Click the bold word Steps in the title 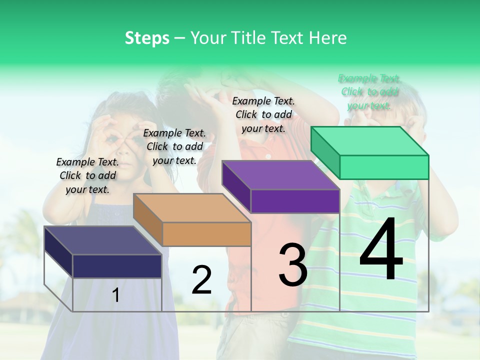(x=147, y=38)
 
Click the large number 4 (x=381, y=249)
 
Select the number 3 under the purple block (x=292, y=265)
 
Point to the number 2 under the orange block (x=201, y=279)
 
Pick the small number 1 (x=115, y=295)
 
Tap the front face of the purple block (x=295, y=201)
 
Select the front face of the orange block (x=206, y=234)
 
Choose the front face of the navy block (x=117, y=266)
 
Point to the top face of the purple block (x=280, y=174)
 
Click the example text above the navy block (x=87, y=175)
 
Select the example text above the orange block (x=174, y=146)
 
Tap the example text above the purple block (x=263, y=114)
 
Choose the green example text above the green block (x=369, y=91)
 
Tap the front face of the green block (x=384, y=167)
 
